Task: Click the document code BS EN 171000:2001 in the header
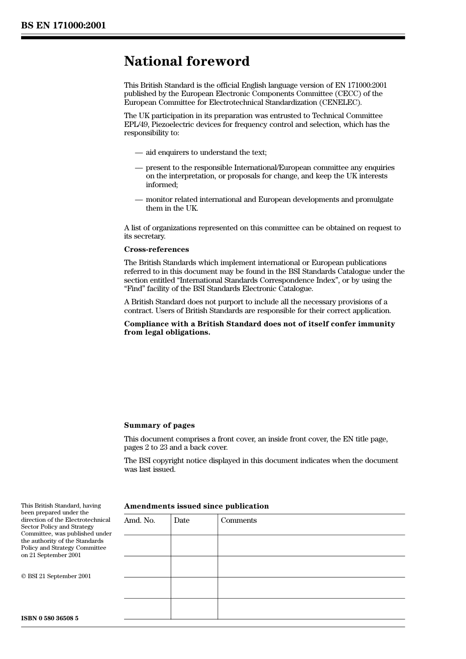[63, 25]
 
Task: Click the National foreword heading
[186, 61]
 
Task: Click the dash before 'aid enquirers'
[139, 152]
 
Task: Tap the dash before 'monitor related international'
[139, 199]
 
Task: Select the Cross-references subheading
[156, 249]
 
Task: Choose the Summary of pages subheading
[159, 425]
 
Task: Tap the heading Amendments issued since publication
[196, 506]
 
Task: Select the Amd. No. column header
[139, 520]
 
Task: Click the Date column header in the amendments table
[181, 520]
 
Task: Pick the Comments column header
[238, 520]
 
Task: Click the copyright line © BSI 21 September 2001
[56, 576]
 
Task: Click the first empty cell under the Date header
[194, 545]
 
